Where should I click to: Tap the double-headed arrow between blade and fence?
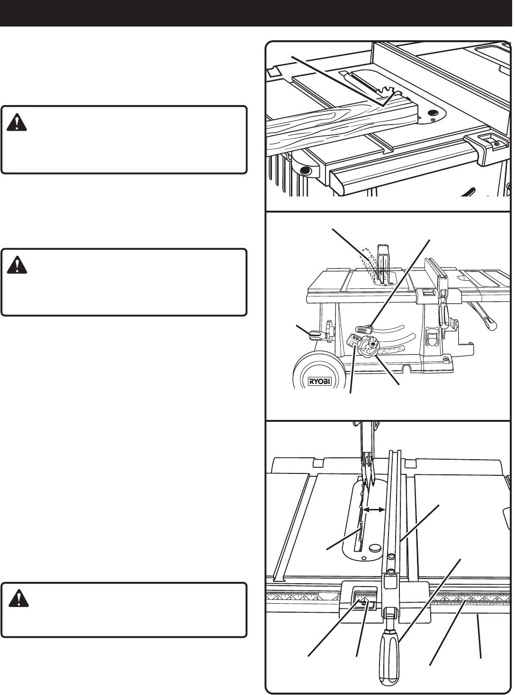pyautogui.click(x=373, y=510)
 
